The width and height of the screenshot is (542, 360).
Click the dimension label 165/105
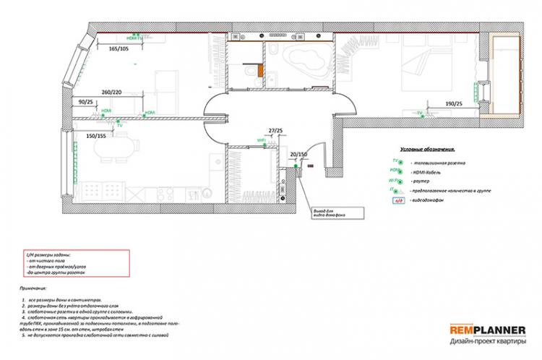tap(119, 49)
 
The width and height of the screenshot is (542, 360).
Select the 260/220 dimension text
tap(111, 93)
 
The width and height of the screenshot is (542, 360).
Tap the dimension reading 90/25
tap(86, 103)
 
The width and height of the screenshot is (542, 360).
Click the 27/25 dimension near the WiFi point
tap(275, 130)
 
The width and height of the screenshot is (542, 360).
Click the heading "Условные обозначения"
tap(427, 148)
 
